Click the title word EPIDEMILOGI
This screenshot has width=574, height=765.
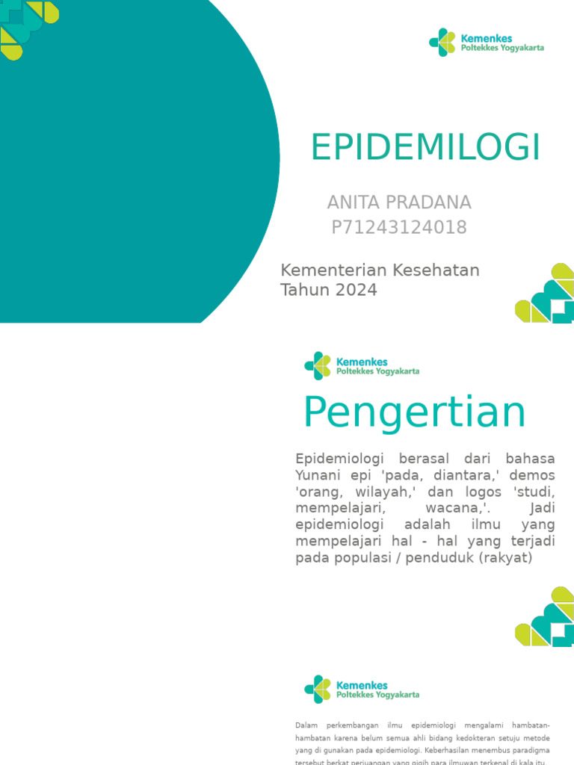(425, 147)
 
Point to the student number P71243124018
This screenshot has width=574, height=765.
(399, 228)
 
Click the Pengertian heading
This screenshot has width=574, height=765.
(415, 412)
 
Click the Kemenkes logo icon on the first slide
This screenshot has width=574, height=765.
(442, 43)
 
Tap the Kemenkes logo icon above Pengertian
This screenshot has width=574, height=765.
(318, 366)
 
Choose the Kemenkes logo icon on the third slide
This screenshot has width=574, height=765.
(318, 689)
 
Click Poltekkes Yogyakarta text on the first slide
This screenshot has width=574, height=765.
(502, 48)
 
